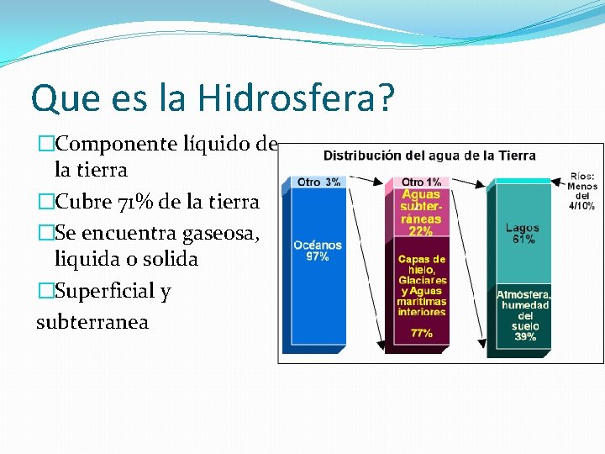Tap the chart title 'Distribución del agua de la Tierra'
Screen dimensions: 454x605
429,156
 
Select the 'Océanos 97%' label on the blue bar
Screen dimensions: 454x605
317,251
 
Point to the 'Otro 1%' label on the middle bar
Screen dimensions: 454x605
421,182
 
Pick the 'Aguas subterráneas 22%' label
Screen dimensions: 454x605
421,212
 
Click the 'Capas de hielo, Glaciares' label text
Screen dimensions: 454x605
422,269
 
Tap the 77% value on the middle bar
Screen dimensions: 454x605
422,333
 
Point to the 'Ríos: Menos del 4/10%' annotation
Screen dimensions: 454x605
581,190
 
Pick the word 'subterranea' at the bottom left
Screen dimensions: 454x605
92,321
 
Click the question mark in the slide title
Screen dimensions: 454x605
386,98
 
